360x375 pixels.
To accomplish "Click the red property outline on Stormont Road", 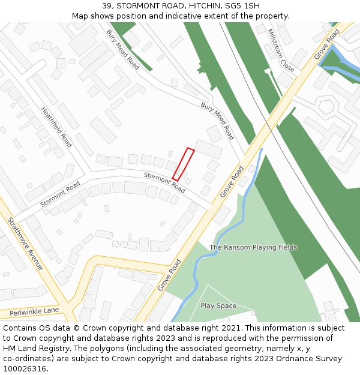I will click(184, 164).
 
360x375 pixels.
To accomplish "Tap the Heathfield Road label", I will click(56, 127).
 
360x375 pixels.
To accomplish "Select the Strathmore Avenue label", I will click(25, 242).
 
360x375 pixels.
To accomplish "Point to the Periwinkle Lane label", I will click(34, 311).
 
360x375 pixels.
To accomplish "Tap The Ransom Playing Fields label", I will click(253, 247).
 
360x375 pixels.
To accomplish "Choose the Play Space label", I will click(218, 306).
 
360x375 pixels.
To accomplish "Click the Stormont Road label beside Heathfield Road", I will click(60, 195).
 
